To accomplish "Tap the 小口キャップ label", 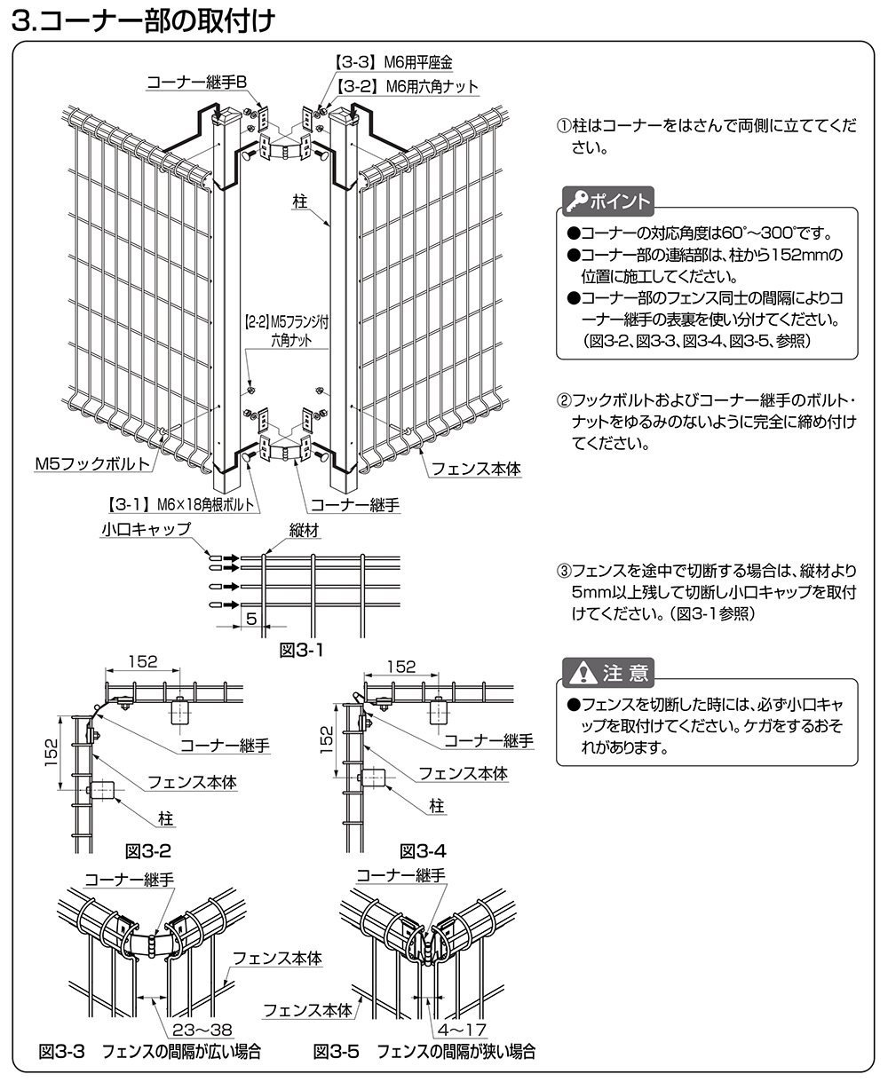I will [x=147, y=530].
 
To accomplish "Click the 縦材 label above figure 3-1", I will [x=305, y=530].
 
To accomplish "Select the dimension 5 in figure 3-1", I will [x=251, y=619].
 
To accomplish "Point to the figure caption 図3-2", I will [x=147, y=851].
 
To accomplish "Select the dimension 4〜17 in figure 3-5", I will [x=458, y=1030].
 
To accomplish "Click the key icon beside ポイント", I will [x=575, y=201].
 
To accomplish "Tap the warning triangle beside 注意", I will [x=583, y=673].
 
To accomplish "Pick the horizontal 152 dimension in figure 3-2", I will [x=142, y=661].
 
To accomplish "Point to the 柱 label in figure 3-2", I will [x=165, y=817].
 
